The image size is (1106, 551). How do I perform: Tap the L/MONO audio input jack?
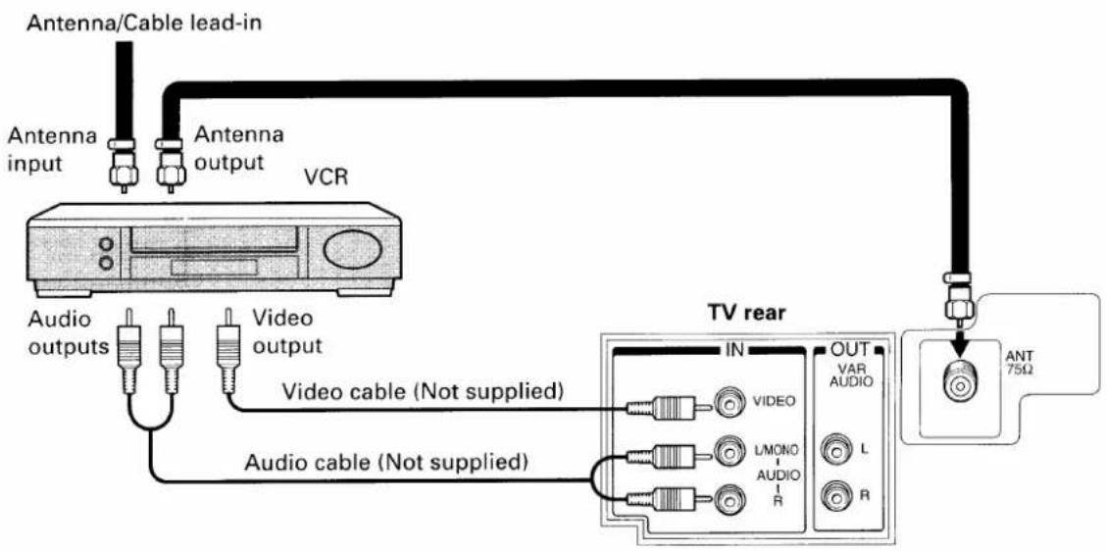[728, 451]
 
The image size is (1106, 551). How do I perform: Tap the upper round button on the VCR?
[107, 243]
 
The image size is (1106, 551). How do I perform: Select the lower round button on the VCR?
[107, 263]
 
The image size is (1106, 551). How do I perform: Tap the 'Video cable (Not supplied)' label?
[423, 390]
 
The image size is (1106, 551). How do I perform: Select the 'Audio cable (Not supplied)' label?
[386, 463]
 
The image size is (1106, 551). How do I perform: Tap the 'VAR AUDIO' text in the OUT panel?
[848, 376]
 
